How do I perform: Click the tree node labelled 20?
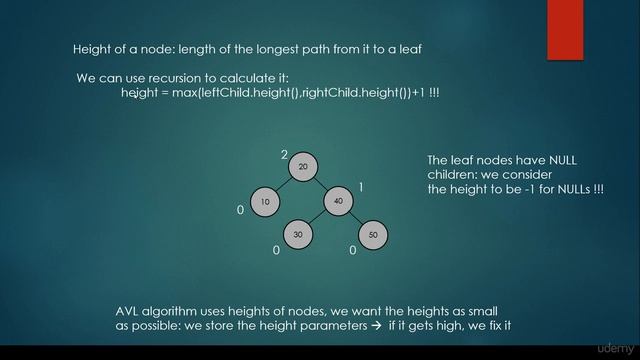(x=302, y=166)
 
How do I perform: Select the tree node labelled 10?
(x=265, y=202)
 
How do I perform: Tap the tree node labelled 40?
(x=339, y=202)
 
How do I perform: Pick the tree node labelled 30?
(x=297, y=235)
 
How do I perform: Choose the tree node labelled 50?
(x=372, y=235)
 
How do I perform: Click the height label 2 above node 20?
(x=284, y=154)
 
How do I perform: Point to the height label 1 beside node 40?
(x=361, y=187)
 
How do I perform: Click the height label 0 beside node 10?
(x=240, y=211)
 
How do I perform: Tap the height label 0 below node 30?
(x=276, y=250)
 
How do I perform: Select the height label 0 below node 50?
(x=352, y=250)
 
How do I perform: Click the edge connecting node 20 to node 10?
(x=283, y=184)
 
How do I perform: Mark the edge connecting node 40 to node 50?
(x=356, y=219)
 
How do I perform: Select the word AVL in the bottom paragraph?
(x=128, y=311)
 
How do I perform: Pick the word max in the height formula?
(x=186, y=93)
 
